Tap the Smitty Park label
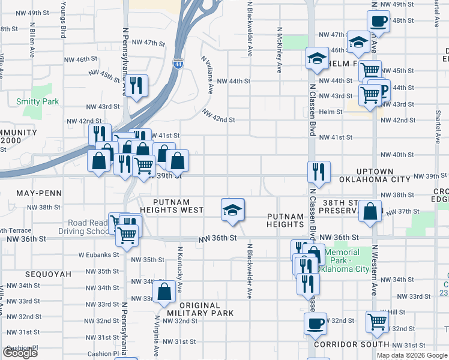[37, 101]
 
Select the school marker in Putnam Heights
[232, 210]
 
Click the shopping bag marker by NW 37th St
[372, 211]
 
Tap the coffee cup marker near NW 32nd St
[315, 325]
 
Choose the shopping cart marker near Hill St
[377, 322]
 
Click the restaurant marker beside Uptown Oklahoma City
[319, 172]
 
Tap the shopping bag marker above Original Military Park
[164, 292]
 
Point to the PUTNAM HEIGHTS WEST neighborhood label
[172, 206]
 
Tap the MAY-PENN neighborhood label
[24, 194]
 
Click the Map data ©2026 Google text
[412, 355]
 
